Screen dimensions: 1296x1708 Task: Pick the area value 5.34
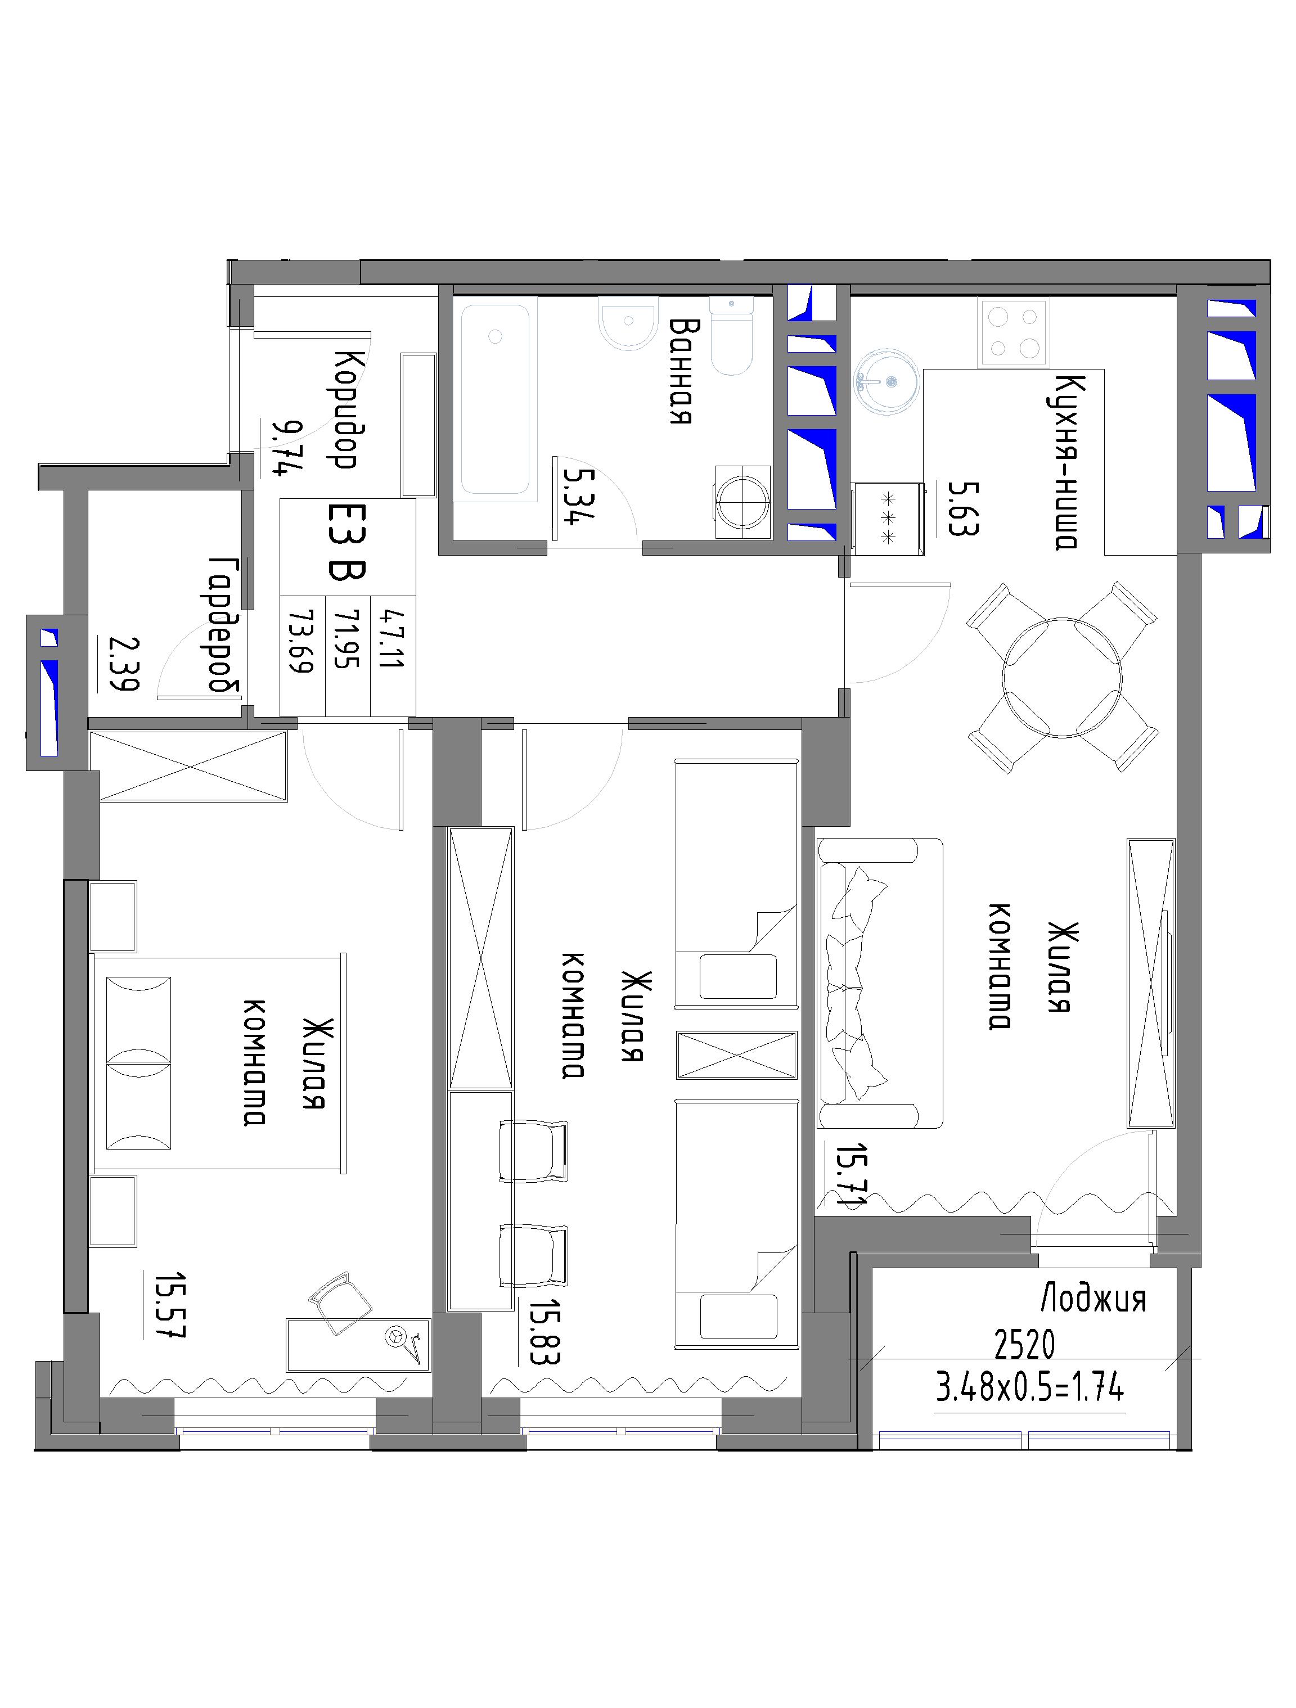click(577, 497)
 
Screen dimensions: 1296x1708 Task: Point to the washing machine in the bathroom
click(743, 501)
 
